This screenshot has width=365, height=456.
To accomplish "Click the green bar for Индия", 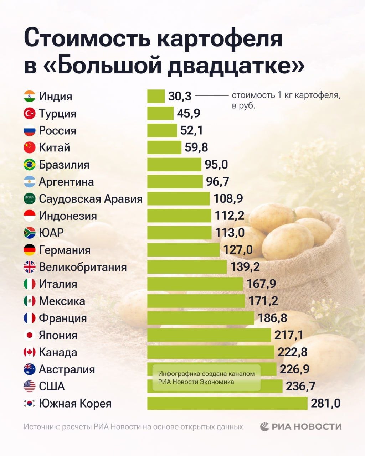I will tap(156, 96).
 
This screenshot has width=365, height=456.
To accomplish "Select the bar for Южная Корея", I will tap(227, 403).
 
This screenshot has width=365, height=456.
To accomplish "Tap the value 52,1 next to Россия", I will tap(191, 130).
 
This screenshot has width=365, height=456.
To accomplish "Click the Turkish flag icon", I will tap(30, 113).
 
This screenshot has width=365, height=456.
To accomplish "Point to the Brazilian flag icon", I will tap(30, 165).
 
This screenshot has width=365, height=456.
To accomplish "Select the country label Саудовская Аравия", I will tap(91, 199).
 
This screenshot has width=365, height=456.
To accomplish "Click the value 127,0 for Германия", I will tap(238, 250).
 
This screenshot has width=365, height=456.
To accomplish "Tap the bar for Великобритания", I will tap(187, 267).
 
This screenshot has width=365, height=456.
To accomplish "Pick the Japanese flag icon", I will tap(30, 335).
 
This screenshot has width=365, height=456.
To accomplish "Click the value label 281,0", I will tap(325, 403).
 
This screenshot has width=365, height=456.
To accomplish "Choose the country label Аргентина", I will tap(66, 182).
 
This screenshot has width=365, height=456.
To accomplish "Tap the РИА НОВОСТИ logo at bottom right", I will tap(301, 426).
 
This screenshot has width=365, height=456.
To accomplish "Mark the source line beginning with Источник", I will tap(133, 427).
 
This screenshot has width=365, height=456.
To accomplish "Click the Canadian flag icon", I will tap(30, 352).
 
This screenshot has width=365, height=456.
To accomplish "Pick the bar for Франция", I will tap(200, 318).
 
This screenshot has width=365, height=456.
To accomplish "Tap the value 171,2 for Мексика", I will tap(263, 301).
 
